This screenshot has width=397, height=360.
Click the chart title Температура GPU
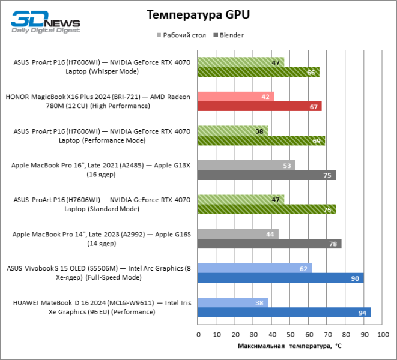coord(198,14)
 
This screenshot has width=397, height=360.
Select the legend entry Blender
coord(228,35)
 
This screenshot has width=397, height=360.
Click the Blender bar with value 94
coord(283,312)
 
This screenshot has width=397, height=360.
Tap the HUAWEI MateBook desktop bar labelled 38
coord(232,302)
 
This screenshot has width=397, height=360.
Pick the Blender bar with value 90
coord(280,278)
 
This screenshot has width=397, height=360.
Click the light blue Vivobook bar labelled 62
coord(254,268)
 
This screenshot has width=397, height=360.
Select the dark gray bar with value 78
coord(269,244)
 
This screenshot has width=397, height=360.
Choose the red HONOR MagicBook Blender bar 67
coord(259,106)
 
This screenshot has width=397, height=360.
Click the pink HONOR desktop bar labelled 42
coord(235,97)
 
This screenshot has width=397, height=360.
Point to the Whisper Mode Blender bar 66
coord(258,72)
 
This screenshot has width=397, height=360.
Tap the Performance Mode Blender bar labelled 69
coord(261,141)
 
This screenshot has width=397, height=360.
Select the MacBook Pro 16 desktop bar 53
coord(246,165)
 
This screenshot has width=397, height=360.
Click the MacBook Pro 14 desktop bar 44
coord(237,234)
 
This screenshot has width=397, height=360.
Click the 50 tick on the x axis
coord(289,333)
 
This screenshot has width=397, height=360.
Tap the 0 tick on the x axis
coord(198,333)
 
